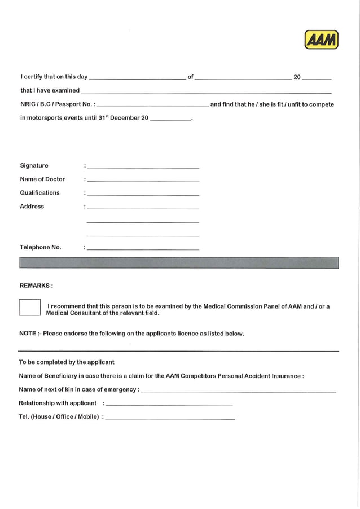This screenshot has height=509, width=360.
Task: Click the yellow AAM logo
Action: click(321, 40)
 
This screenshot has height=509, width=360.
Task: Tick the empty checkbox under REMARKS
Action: click(30, 307)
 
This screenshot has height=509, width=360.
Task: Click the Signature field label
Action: click(34, 165)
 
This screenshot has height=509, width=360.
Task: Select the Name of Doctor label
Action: click(42, 179)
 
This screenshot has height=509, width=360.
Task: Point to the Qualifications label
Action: click(39, 192)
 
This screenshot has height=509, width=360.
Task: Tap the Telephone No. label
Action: click(41, 247)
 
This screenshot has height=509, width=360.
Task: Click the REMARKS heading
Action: click(36, 286)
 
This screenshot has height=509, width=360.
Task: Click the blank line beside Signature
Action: click(143, 166)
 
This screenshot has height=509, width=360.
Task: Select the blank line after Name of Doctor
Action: click(143, 180)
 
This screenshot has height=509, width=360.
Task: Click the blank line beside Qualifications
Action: click(143, 194)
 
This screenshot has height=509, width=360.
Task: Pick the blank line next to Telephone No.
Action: click(143, 248)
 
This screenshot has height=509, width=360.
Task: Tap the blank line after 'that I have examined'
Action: click(206, 91)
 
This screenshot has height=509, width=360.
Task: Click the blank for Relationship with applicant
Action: click(169, 404)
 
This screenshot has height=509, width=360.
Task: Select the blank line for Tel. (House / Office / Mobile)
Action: click(170, 418)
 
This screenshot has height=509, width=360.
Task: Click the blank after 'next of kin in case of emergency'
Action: click(238, 390)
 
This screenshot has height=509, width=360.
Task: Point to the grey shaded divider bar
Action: click(179, 263)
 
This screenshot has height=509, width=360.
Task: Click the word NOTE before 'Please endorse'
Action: click(28, 334)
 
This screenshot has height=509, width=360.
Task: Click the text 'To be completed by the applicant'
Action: click(67, 362)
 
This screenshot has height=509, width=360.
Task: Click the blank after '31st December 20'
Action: click(171, 119)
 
